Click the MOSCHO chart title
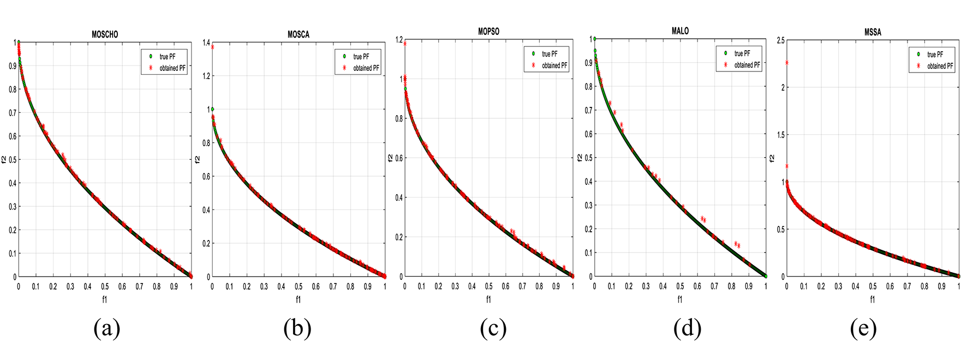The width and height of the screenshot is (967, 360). [x=105, y=34]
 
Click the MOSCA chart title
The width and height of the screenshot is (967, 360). [x=299, y=34]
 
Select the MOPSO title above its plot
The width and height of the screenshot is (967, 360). [x=488, y=32]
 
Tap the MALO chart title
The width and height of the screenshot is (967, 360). [x=680, y=31]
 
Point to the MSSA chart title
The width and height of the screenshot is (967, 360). [x=873, y=32]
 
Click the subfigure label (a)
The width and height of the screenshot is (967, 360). [x=106, y=328]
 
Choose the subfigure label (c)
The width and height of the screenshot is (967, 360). [x=493, y=328]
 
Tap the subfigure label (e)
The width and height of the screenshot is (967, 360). [x=863, y=328]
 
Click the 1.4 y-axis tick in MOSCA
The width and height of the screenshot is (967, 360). [x=206, y=43]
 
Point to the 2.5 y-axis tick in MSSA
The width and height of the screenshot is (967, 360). [x=781, y=40]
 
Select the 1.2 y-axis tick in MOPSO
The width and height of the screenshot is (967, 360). [x=399, y=40]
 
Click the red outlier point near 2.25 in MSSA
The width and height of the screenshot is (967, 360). [x=787, y=63]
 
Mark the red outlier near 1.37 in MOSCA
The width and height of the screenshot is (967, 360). [x=212, y=47]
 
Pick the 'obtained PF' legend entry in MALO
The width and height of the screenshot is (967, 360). [x=747, y=65]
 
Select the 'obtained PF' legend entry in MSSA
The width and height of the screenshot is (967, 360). [x=940, y=66]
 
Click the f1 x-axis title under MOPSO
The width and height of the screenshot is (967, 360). [x=488, y=299]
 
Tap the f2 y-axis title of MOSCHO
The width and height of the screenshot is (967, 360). [x=4, y=159]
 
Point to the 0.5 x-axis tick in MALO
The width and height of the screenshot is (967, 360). [x=680, y=286]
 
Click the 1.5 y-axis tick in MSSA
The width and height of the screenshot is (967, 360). [x=781, y=135]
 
